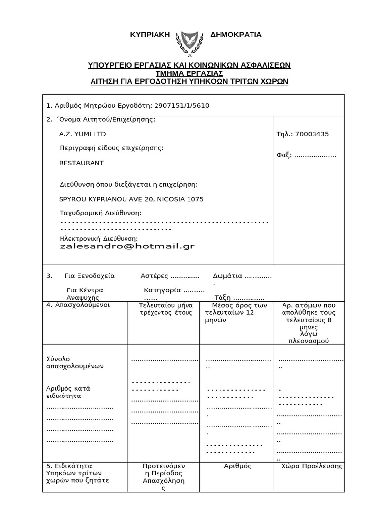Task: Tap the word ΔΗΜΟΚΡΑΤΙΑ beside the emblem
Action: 236,35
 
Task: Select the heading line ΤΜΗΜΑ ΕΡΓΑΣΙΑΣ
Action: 189,73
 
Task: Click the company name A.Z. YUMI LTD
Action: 82,134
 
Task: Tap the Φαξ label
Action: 284,155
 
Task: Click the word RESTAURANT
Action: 82,163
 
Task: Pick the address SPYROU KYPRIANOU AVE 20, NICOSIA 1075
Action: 131,199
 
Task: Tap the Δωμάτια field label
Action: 227,276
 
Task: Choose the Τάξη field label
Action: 222,298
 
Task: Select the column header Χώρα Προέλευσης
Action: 312,466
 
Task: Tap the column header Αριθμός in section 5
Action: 238,466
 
